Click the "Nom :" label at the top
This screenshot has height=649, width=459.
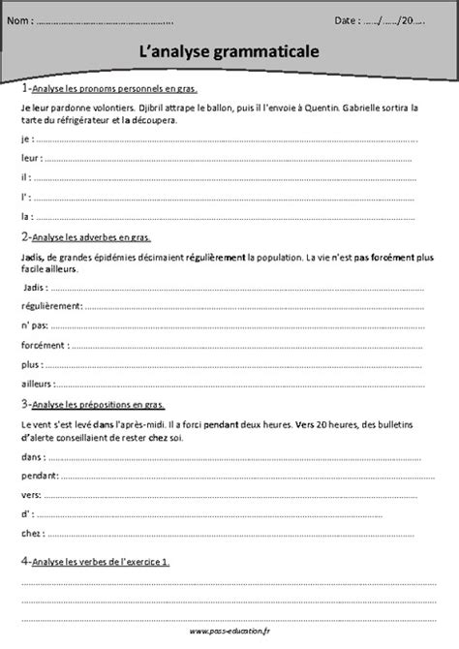click(25, 18)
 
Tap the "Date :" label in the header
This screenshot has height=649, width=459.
click(347, 18)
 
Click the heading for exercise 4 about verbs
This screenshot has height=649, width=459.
click(94, 561)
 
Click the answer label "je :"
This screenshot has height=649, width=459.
click(24, 139)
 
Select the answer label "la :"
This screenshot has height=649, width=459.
click(25, 216)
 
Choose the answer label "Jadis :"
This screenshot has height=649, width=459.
click(33, 289)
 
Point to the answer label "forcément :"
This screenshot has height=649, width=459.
click(42, 345)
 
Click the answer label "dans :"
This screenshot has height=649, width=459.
click(31, 456)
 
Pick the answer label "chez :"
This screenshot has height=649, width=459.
click(31, 534)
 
